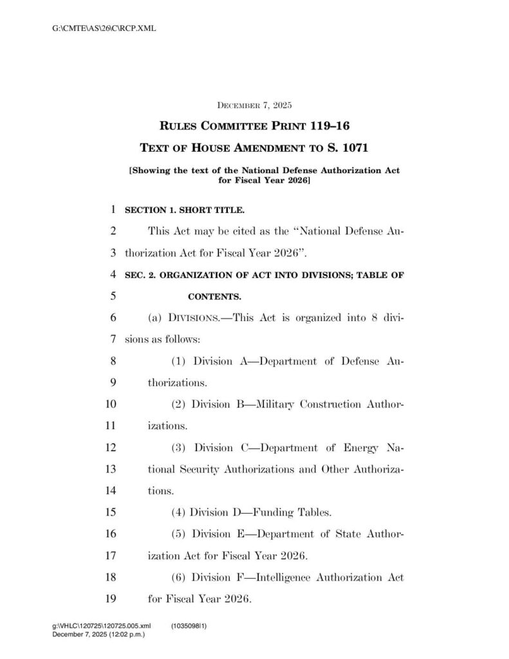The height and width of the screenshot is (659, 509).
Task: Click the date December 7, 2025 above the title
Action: click(x=255, y=104)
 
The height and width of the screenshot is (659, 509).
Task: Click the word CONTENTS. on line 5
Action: click(x=214, y=297)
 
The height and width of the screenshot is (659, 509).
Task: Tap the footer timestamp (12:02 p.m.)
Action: click(x=124, y=634)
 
